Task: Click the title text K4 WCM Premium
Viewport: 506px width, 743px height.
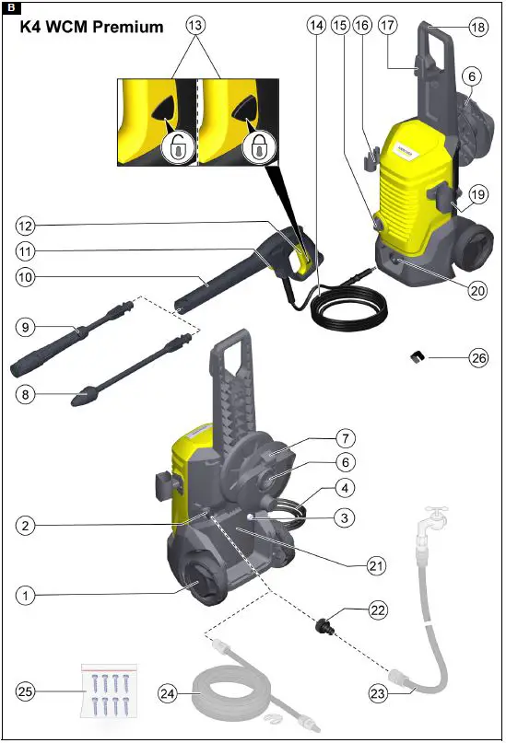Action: [91, 27]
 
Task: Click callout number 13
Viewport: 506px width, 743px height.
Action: [195, 26]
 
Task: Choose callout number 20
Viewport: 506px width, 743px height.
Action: [477, 289]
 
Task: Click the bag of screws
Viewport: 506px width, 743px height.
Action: [109, 690]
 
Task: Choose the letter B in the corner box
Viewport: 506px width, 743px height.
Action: [10, 9]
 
